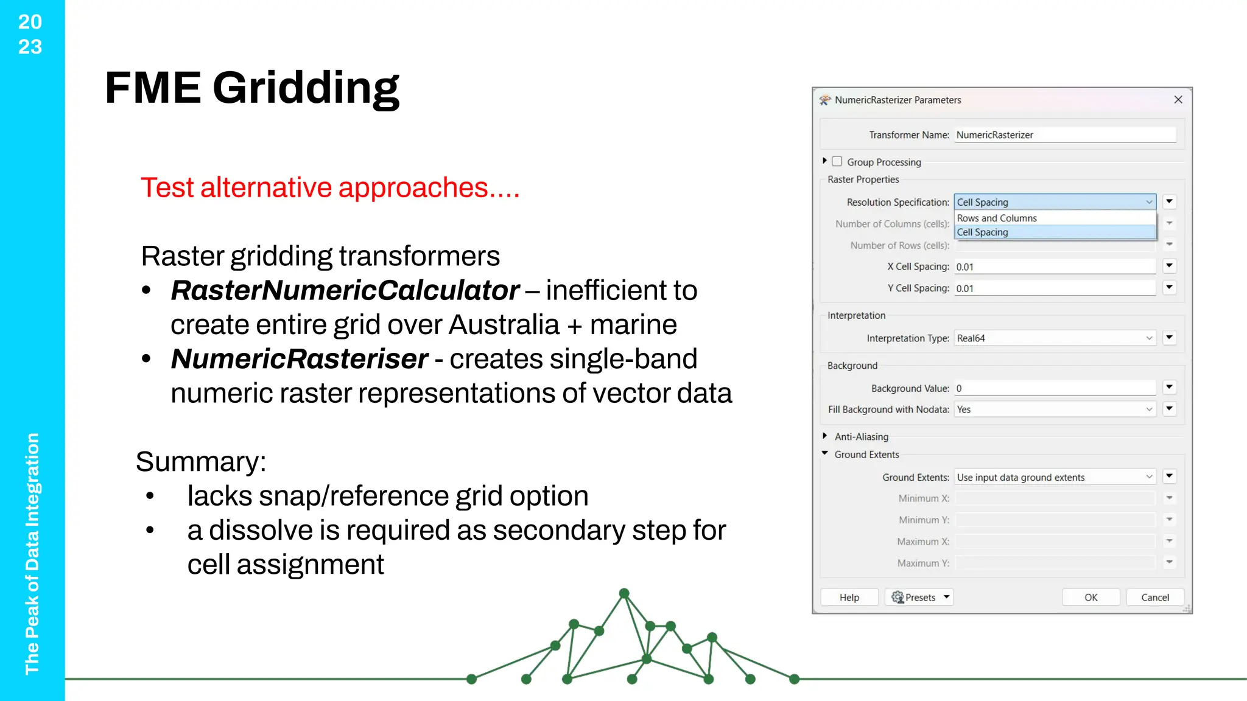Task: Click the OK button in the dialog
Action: pyautogui.click(x=1091, y=598)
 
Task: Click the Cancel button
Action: pyautogui.click(x=1154, y=598)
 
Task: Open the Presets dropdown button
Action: pyautogui.click(x=919, y=598)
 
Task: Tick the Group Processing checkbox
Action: pyautogui.click(x=837, y=161)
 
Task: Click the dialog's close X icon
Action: pyautogui.click(x=1178, y=100)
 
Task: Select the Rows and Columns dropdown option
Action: pyautogui.click(x=997, y=218)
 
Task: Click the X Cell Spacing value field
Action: pyautogui.click(x=1055, y=267)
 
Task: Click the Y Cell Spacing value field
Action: pyautogui.click(x=1055, y=288)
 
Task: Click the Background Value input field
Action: pyautogui.click(x=1055, y=388)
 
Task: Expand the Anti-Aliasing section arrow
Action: pyautogui.click(x=825, y=436)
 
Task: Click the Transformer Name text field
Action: pyautogui.click(x=1064, y=135)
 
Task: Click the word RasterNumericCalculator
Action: pyautogui.click(x=345, y=291)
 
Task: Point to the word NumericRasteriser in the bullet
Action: pyautogui.click(x=300, y=359)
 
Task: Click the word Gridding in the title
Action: pyautogui.click(x=306, y=88)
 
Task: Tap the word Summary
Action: pyautogui.click(x=200, y=462)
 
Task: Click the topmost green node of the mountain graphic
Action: pyautogui.click(x=624, y=593)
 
